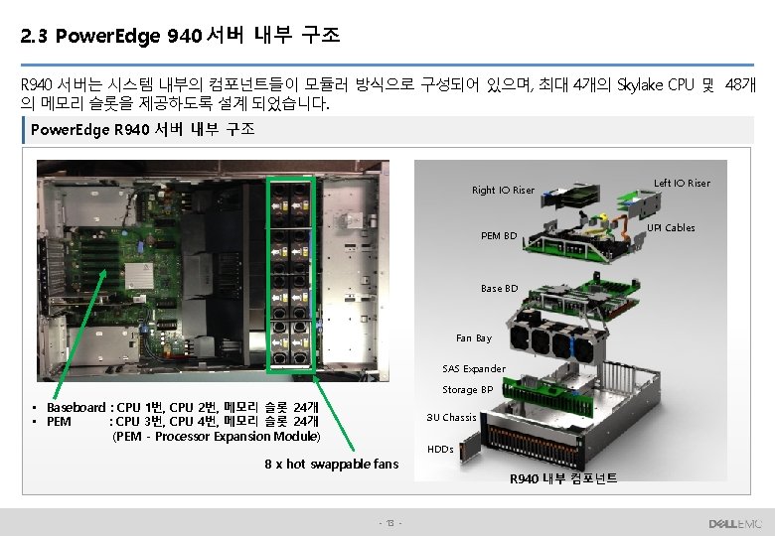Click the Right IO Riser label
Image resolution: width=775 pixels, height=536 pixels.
(503, 190)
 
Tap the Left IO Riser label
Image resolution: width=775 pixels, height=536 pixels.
(682, 183)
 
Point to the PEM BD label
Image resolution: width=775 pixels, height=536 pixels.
(498, 236)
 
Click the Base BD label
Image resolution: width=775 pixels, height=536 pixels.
(499, 288)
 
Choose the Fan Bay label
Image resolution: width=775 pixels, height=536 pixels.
(473, 338)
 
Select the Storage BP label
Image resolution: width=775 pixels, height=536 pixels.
(467, 390)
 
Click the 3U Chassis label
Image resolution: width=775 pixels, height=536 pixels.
(451, 417)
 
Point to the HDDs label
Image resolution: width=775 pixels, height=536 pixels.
(439, 450)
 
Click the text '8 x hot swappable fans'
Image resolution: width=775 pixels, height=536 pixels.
(331, 465)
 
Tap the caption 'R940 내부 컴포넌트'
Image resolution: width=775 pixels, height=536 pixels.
(563, 478)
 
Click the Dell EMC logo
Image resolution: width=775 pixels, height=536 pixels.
(733, 522)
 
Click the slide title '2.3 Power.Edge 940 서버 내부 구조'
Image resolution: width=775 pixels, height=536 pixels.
(180, 37)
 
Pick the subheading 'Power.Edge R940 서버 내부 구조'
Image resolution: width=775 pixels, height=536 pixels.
(142, 130)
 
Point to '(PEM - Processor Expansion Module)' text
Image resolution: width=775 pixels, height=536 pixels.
(217, 436)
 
